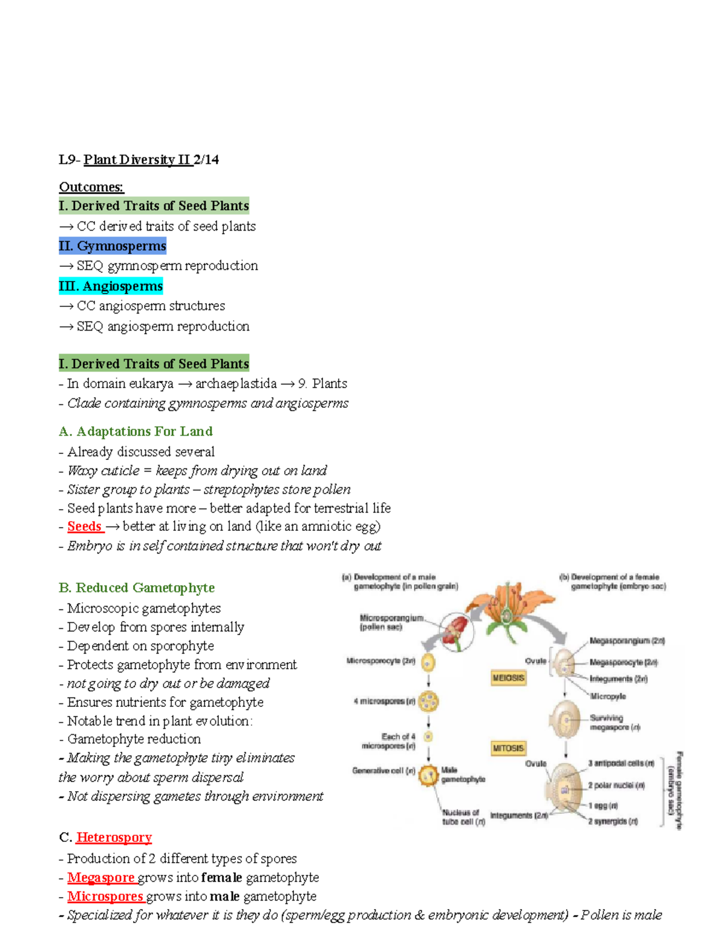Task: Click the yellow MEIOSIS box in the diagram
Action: point(508,678)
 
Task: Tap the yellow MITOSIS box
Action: point(508,748)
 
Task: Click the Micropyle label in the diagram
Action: point(607,697)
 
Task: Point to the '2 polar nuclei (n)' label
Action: point(616,786)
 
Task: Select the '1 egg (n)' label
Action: point(603,806)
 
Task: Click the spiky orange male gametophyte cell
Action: point(428,775)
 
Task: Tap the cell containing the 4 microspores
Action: point(429,702)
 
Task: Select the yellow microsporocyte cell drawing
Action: point(428,662)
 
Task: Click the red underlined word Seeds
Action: point(84,527)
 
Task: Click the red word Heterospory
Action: point(114,838)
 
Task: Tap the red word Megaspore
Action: point(101,878)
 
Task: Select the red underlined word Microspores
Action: point(105,896)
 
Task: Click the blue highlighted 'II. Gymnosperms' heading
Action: point(113,246)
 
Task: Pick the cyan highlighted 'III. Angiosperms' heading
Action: point(111,286)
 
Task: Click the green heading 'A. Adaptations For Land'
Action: point(136,432)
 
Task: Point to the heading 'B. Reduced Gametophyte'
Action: point(137,588)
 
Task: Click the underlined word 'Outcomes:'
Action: point(91,187)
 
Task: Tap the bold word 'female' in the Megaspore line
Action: point(221,878)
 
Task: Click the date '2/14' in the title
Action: point(206,160)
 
